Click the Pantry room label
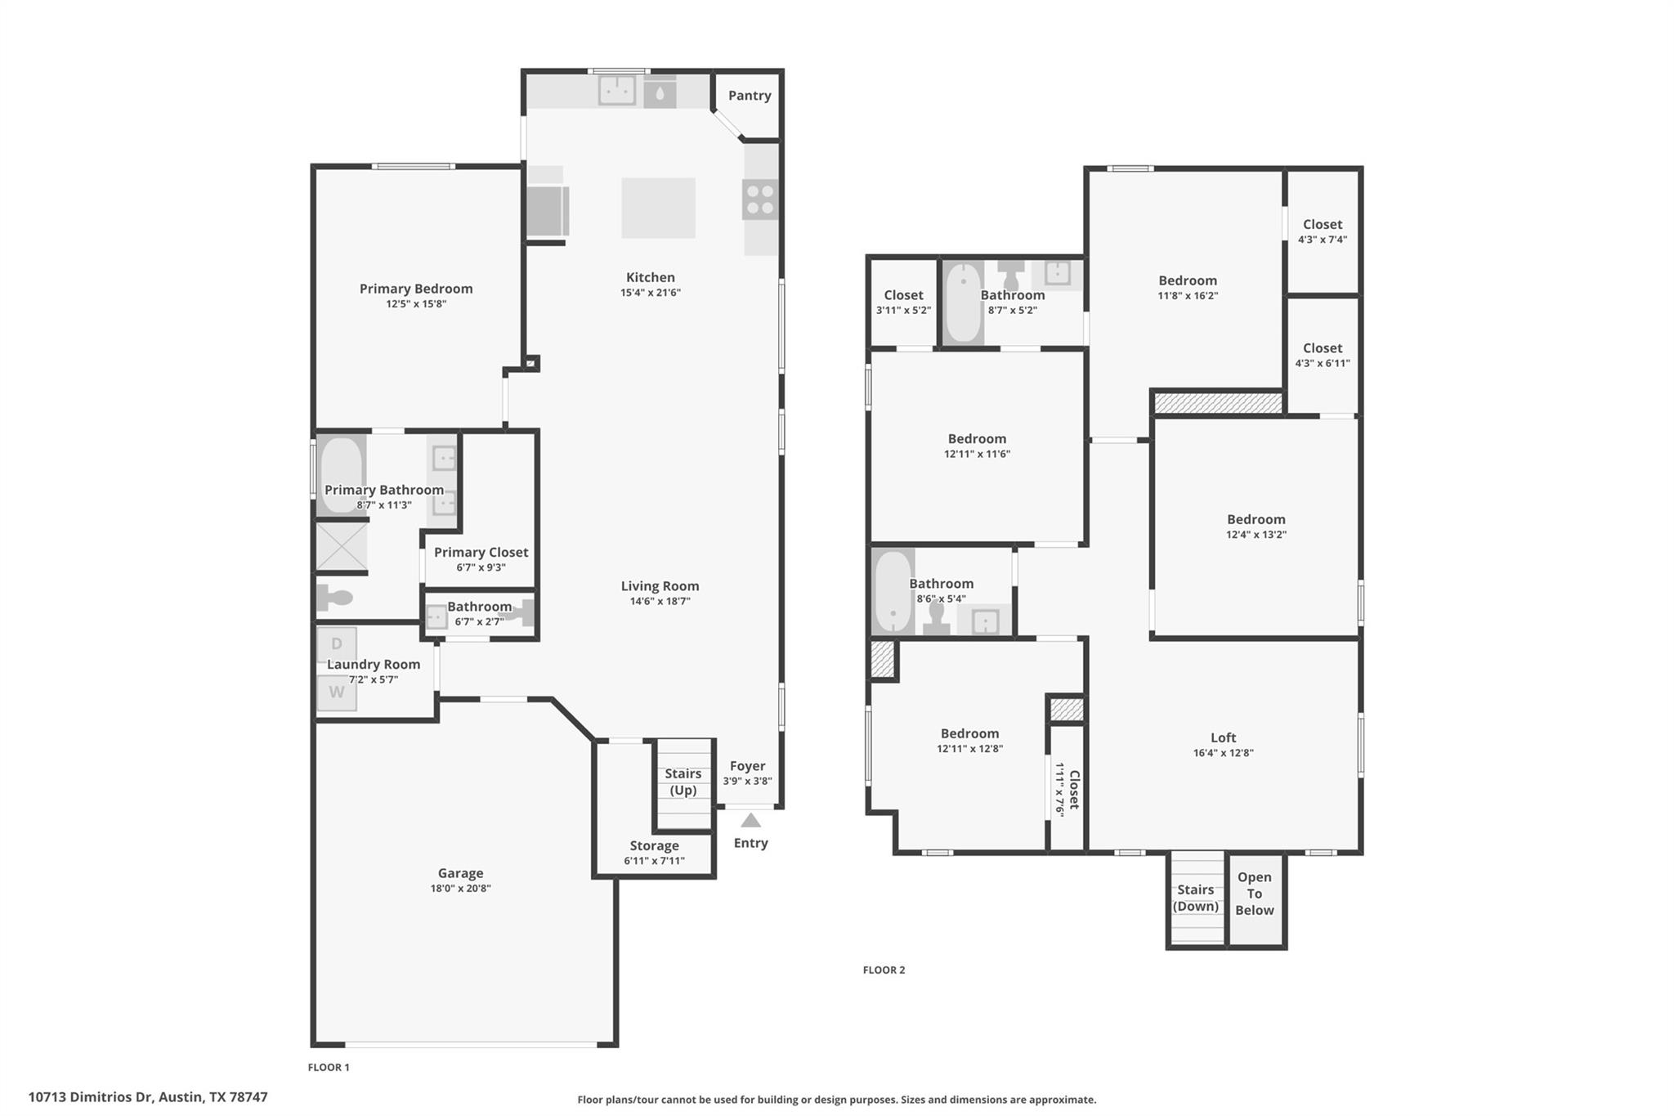pos(750,96)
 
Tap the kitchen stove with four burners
pos(760,199)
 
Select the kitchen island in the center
pos(658,208)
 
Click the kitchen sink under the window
pos(616,90)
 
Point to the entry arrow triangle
pos(750,820)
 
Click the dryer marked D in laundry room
pos(337,644)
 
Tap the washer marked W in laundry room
pos(337,692)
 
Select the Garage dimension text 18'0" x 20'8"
pos(460,889)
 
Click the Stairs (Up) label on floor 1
pos(683,782)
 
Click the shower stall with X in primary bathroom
pos(342,546)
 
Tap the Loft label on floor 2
pos(1223,737)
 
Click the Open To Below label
pos(1254,894)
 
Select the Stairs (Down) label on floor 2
pos(1195,898)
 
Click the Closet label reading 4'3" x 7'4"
pos(1322,231)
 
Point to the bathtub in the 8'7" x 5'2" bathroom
pos(964,303)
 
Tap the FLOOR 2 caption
pos(884,970)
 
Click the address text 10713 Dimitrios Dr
pos(148,1097)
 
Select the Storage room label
pos(654,846)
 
